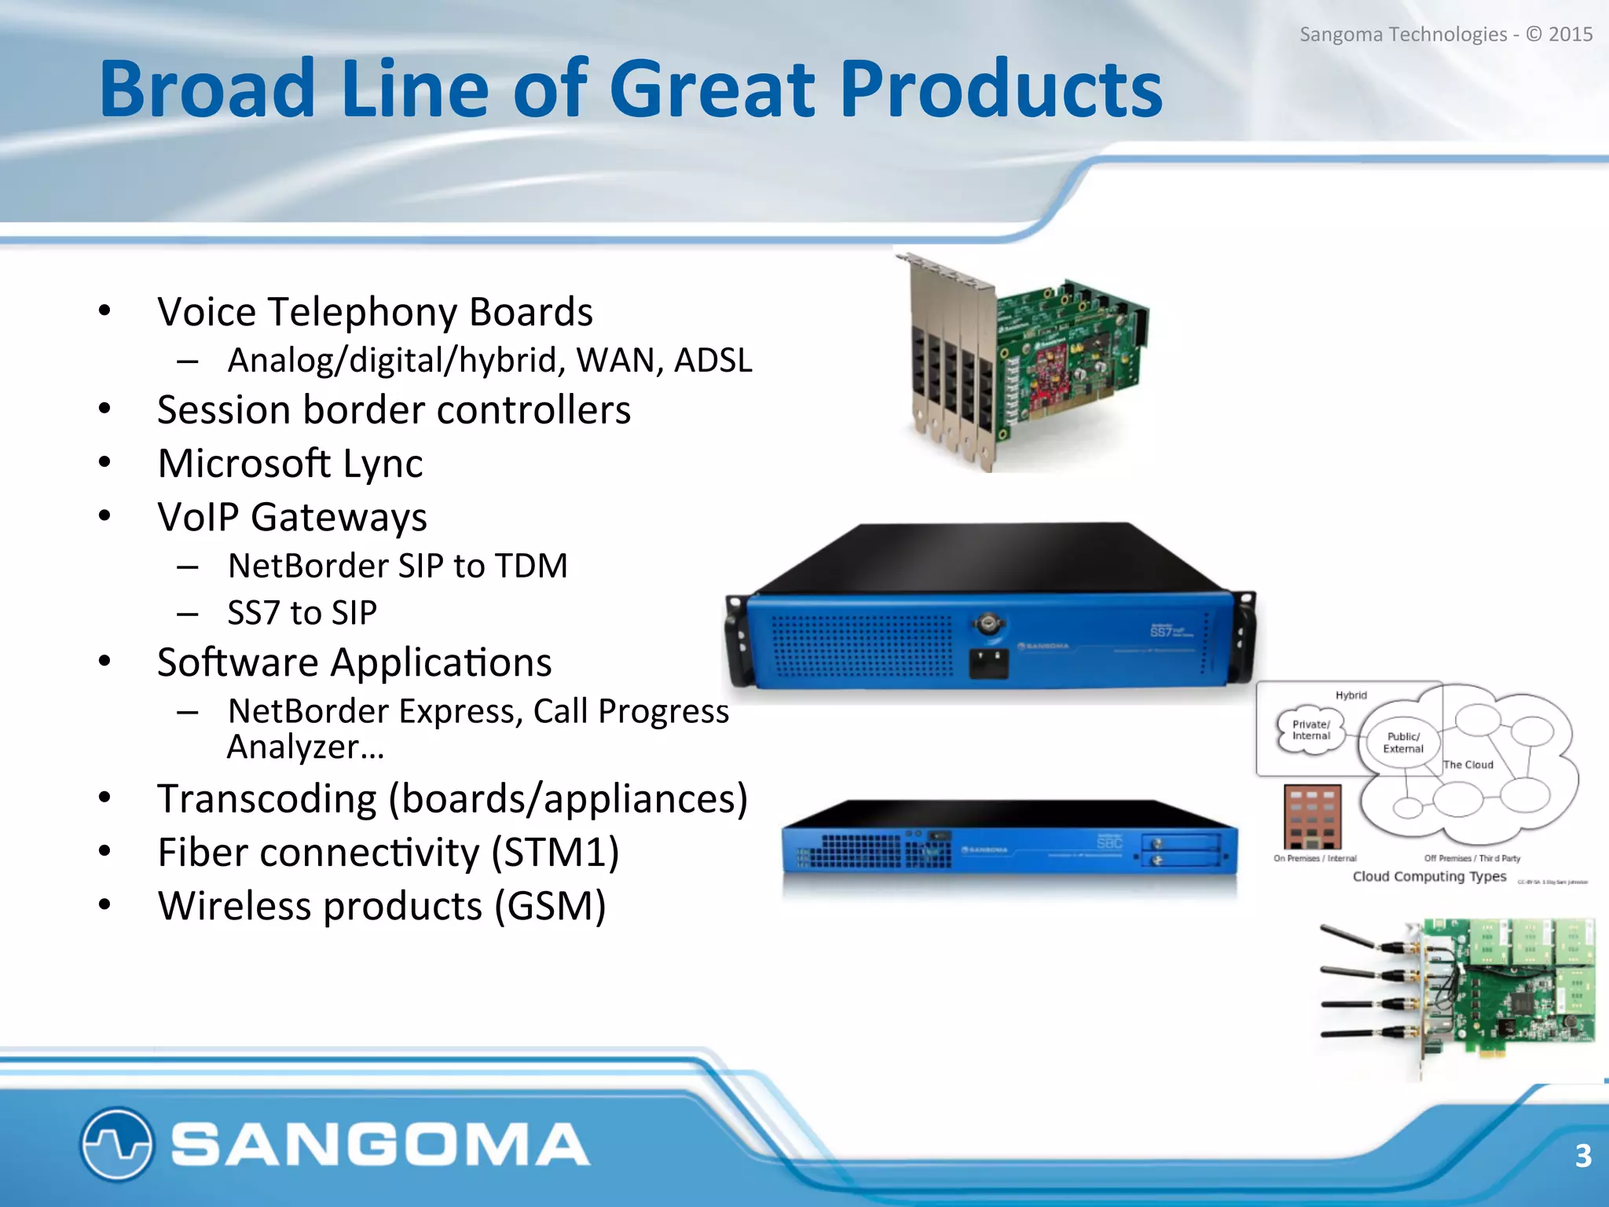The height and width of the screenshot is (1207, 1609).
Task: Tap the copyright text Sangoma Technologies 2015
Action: (x=1445, y=35)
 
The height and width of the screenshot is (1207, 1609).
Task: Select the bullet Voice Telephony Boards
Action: (x=375, y=312)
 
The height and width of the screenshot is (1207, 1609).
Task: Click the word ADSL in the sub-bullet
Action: (x=713, y=361)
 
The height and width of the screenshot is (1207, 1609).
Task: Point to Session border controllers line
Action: (x=394, y=410)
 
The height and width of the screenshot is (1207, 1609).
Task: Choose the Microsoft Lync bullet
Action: (x=290, y=464)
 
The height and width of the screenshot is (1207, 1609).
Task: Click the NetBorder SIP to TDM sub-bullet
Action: (x=398, y=566)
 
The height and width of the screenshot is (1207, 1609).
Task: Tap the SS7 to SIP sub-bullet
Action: (x=302, y=613)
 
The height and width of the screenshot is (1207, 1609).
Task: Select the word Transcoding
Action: (x=267, y=799)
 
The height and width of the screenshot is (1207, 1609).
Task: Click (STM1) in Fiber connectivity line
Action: (x=555, y=853)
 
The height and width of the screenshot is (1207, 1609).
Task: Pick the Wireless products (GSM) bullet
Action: (x=382, y=906)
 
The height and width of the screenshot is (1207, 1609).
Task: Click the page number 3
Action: (x=1583, y=1156)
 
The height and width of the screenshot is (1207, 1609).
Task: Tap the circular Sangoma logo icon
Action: (x=116, y=1144)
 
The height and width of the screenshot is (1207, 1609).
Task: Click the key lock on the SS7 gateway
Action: (x=988, y=625)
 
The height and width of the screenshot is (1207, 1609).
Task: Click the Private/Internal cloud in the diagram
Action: (x=1310, y=731)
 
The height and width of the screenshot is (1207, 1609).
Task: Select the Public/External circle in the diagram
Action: (x=1403, y=743)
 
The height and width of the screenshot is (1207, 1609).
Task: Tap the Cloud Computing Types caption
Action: (x=1429, y=876)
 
